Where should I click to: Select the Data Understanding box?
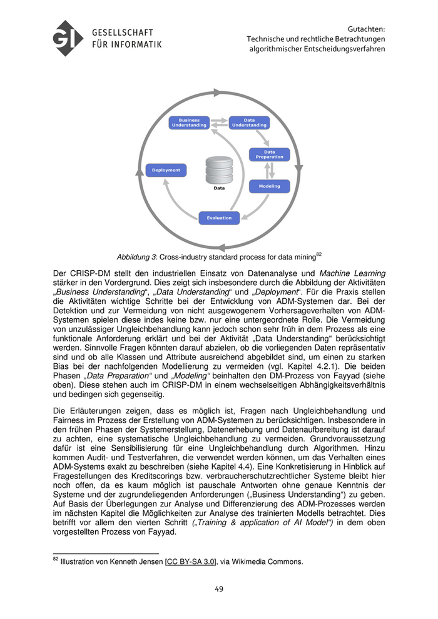pyautogui.click(x=249, y=123)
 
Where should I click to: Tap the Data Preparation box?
pyautogui.click(x=269, y=154)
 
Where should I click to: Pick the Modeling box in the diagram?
pyautogui.click(x=269, y=186)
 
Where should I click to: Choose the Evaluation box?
pyautogui.click(x=219, y=218)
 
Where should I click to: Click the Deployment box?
pyautogui.click(x=166, y=169)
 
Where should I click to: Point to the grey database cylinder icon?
pyautogui.click(x=219, y=169)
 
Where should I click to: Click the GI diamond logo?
pyautogui.click(x=68, y=39)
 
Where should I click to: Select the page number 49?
pyautogui.click(x=219, y=588)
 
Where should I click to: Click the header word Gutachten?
pyautogui.click(x=366, y=29)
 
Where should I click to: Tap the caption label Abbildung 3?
pyautogui.click(x=136, y=257)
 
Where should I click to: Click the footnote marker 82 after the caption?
pyautogui.click(x=318, y=254)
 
